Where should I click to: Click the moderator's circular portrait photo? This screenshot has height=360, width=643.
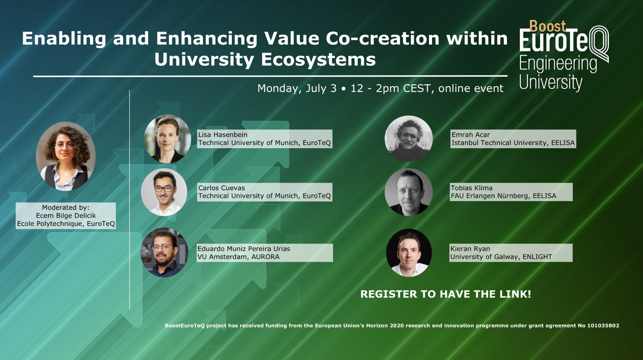[66, 156]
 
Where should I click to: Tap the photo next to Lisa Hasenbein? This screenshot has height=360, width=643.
[167, 139]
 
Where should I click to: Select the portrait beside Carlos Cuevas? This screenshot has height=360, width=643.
[164, 192]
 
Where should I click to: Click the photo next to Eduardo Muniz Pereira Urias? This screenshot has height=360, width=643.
[164, 253]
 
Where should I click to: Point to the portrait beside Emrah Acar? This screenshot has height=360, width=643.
[408, 138]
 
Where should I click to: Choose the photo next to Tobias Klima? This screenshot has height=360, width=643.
[408, 192]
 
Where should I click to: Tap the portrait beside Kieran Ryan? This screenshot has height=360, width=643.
[409, 253]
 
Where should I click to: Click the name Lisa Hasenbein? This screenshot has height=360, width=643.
[223, 134]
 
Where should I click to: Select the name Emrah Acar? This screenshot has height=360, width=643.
[471, 134]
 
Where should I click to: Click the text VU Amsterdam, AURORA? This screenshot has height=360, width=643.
[238, 257]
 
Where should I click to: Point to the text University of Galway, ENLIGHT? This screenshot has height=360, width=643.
[501, 257]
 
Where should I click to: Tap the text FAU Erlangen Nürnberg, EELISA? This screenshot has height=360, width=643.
[503, 196]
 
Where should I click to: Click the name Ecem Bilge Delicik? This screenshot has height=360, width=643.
[66, 216]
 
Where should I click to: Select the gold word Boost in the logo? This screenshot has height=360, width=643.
[547, 26]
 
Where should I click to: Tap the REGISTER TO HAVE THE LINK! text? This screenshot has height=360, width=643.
[446, 294]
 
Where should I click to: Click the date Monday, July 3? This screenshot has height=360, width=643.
[297, 88]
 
